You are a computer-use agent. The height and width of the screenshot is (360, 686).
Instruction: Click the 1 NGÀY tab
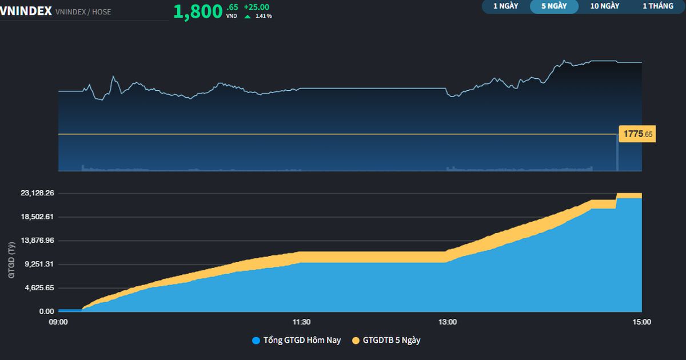tap(505, 6)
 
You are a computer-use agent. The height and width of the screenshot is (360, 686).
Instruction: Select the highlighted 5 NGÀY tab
tap(554, 6)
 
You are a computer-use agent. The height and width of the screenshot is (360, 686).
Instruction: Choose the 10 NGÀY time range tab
tap(605, 6)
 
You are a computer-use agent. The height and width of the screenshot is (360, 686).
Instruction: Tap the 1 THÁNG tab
tap(658, 6)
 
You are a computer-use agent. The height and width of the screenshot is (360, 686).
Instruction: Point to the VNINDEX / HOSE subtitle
tap(83, 11)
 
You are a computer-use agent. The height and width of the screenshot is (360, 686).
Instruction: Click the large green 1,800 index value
tap(197, 11)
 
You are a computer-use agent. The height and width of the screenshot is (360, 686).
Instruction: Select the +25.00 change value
tap(256, 7)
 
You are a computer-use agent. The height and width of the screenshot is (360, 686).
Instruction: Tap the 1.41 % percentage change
tap(264, 16)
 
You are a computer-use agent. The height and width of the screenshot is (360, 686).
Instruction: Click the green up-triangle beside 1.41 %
tap(248, 16)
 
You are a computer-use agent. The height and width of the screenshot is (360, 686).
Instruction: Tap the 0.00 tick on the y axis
tap(47, 311)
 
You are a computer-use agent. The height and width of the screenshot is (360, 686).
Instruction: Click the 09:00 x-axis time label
tap(58, 322)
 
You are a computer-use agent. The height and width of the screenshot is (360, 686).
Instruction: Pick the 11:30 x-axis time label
tap(301, 322)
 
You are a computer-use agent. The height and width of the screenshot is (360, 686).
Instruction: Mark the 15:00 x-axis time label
tap(641, 322)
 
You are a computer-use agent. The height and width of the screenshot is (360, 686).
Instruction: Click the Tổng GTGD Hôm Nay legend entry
tap(297, 341)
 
